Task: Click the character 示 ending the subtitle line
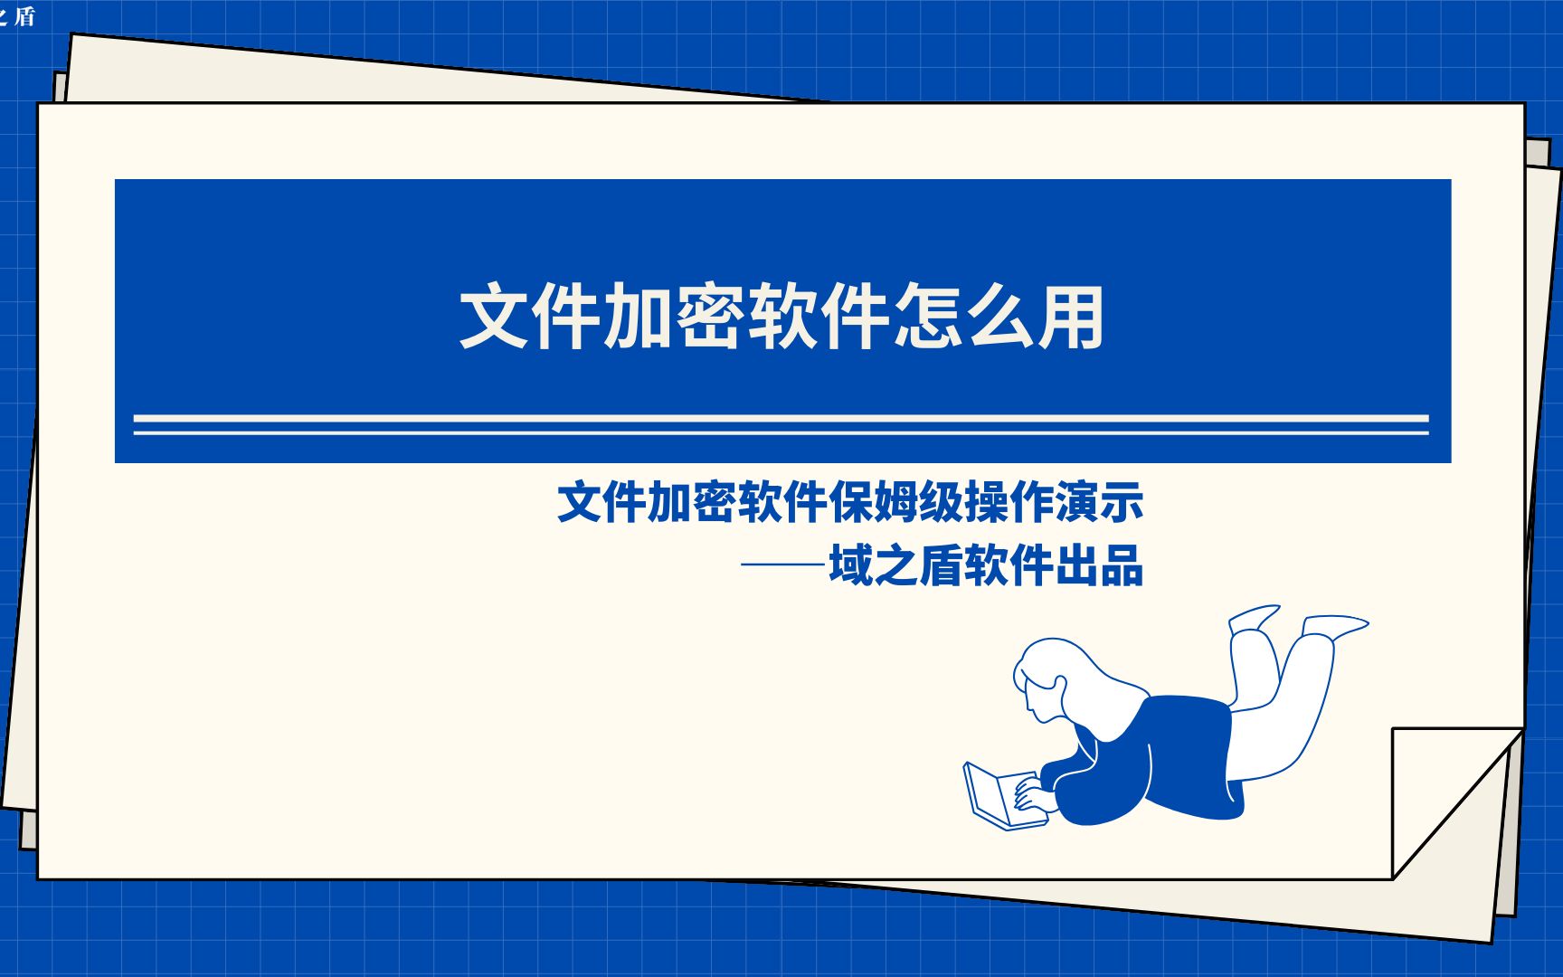(1123, 503)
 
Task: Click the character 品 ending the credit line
(1123, 567)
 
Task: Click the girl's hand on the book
(1031, 796)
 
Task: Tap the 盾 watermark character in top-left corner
(24, 16)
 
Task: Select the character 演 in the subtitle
(1077, 503)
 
